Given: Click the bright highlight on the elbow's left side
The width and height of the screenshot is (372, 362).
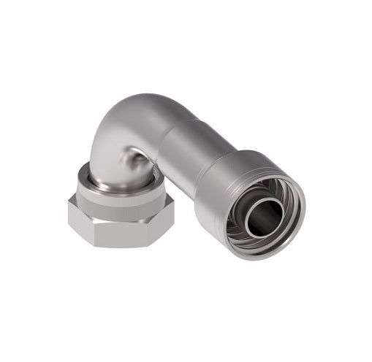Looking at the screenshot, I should [x=102, y=139].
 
